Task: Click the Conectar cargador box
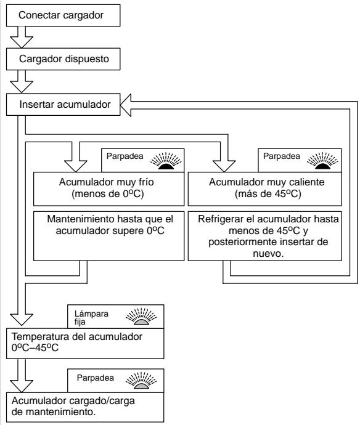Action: (63, 15)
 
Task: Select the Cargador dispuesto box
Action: (63, 59)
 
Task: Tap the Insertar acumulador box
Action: (63, 105)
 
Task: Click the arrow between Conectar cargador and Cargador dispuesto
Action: (22, 37)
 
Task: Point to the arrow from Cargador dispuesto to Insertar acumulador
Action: (22, 81)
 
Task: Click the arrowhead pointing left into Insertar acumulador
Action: (126, 105)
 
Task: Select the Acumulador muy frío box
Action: (108, 189)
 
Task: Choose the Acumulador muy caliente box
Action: (265, 189)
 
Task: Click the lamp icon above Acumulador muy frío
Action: (166, 161)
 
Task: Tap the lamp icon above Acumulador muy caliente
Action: (322, 161)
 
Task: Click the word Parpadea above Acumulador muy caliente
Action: (282, 156)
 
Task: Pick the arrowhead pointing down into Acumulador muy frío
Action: (76, 166)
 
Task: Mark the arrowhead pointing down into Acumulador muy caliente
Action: (224, 166)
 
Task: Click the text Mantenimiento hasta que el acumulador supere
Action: (110, 225)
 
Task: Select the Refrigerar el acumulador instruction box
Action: (265, 236)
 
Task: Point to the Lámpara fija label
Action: (91, 318)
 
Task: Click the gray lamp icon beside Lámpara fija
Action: (141, 317)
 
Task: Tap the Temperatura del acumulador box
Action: (85, 344)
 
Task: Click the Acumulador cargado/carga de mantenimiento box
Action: (85, 407)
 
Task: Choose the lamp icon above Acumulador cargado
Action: (141, 381)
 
